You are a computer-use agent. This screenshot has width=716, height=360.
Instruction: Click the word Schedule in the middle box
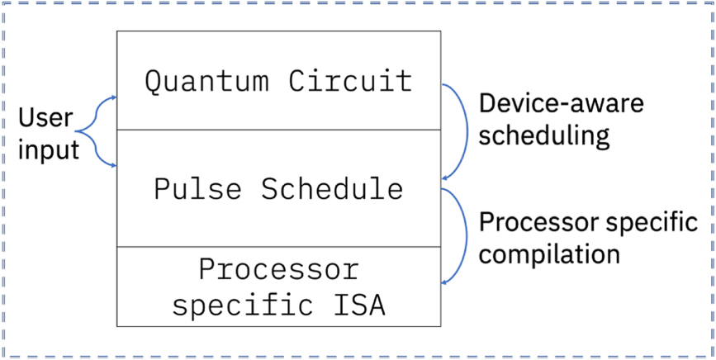[332, 189]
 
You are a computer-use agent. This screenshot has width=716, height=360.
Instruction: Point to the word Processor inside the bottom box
[279, 269]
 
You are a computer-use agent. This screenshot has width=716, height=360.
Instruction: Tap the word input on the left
[49, 149]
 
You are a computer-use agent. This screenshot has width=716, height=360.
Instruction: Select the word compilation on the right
[549, 253]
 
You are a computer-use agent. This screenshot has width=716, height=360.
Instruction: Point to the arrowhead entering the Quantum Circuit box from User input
[112, 97]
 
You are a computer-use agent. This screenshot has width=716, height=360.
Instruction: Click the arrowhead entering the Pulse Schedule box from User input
[112, 164]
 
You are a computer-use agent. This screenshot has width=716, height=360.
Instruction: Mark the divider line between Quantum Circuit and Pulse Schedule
[279, 130]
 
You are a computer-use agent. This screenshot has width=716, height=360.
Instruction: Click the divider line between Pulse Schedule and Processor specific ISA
[279, 246]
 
